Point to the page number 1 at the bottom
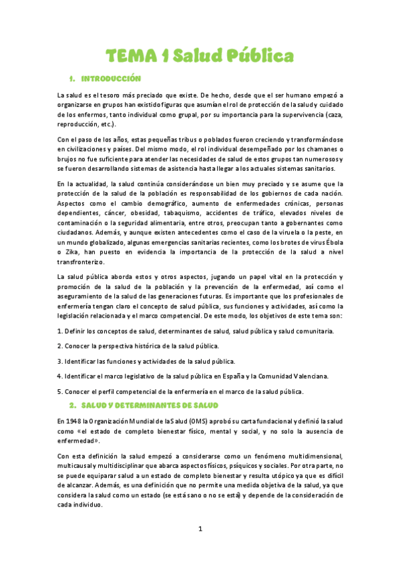click(x=200, y=529)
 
